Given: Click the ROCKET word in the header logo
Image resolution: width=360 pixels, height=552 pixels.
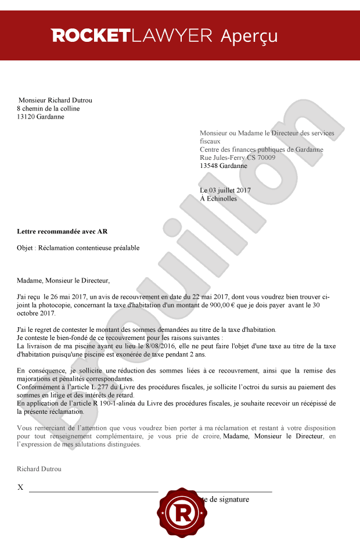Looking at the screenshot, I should tap(90, 36).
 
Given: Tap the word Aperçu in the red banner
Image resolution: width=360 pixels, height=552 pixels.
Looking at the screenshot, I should tap(249, 36).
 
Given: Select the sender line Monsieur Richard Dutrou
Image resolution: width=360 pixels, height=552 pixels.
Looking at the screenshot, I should tap(55, 100).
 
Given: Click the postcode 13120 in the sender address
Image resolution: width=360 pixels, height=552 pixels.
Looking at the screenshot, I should tap(27, 116).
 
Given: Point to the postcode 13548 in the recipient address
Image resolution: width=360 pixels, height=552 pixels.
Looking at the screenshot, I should tap(209, 166).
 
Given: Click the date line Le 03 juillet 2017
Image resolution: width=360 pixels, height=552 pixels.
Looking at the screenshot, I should tap(225, 190).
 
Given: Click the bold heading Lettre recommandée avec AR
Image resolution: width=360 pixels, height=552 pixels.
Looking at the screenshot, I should tap(62, 231).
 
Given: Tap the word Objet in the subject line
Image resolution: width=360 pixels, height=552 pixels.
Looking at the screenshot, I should tap(26, 248).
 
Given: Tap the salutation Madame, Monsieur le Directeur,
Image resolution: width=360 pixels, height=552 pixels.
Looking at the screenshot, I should tap(63, 281).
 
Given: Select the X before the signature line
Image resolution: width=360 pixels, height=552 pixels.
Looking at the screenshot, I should tap(20, 488).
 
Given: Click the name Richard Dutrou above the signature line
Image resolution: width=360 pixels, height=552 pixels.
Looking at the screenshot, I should tap(39, 469).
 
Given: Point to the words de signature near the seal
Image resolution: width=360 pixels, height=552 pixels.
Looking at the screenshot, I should tap(229, 499).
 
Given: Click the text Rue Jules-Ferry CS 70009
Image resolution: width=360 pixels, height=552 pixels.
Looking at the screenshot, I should tap(237, 157).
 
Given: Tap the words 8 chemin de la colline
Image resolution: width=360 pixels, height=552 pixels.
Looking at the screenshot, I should tap(48, 108).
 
